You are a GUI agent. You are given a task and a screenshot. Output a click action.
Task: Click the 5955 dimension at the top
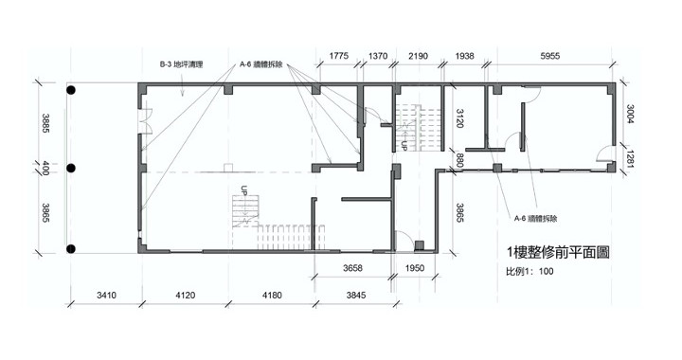(549, 56)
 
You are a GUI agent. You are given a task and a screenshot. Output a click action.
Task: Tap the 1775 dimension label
(338, 56)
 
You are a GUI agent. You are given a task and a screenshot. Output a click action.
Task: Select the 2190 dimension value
(418, 56)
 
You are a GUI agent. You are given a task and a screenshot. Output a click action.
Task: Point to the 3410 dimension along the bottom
(106, 296)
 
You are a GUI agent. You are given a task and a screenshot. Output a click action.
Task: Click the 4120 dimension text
(186, 296)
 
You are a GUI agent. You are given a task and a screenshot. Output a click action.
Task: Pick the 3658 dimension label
(352, 268)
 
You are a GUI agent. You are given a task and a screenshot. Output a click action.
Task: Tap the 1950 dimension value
(415, 268)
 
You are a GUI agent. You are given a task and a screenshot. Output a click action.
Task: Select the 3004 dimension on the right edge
(629, 114)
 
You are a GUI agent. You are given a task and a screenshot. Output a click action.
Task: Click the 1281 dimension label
(629, 158)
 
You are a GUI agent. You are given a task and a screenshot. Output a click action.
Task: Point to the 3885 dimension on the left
(45, 123)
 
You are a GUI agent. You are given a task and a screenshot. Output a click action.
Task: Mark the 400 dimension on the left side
(45, 168)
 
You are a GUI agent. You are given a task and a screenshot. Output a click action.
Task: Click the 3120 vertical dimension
(459, 117)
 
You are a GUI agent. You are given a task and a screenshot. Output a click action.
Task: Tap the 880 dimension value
(459, 159)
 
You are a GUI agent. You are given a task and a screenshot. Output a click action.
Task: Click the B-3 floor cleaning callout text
(181, 64)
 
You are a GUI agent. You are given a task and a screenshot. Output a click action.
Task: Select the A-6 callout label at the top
(261, 64)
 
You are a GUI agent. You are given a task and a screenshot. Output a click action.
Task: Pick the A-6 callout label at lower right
(535, 218)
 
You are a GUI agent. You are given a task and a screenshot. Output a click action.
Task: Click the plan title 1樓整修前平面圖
(558, 252)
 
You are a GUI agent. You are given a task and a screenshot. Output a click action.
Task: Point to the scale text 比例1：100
(529, 271)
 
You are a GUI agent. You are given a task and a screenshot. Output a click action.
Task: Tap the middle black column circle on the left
(71, 169)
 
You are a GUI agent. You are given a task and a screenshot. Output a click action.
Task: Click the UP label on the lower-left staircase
(244, 190)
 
